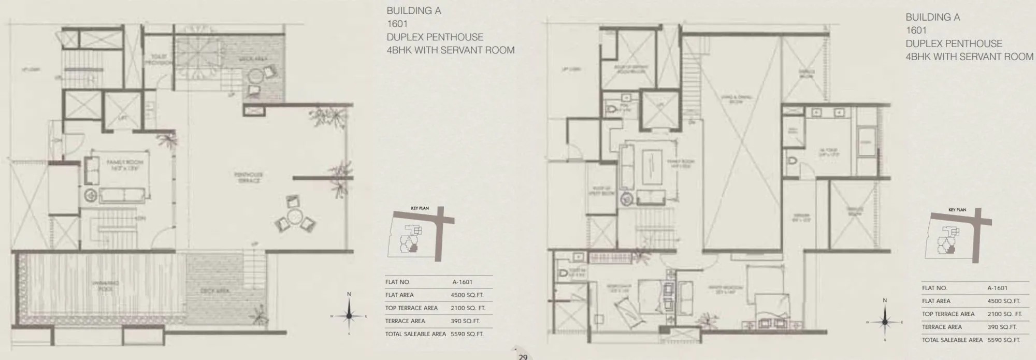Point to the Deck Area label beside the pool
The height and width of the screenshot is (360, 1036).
(215, 291)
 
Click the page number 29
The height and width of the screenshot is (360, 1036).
(523, 357)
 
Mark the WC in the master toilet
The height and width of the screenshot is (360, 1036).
(791, 161)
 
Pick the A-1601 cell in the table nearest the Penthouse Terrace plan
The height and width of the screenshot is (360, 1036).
(462, 282)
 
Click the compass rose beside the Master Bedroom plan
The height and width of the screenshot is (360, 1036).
(885, 322)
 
